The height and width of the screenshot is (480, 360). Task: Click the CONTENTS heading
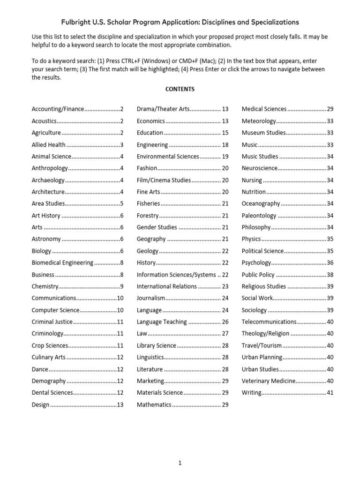180,89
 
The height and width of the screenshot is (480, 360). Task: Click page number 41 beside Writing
330,393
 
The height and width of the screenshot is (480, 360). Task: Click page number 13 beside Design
120,405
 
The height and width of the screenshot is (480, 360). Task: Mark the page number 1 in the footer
180,464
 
